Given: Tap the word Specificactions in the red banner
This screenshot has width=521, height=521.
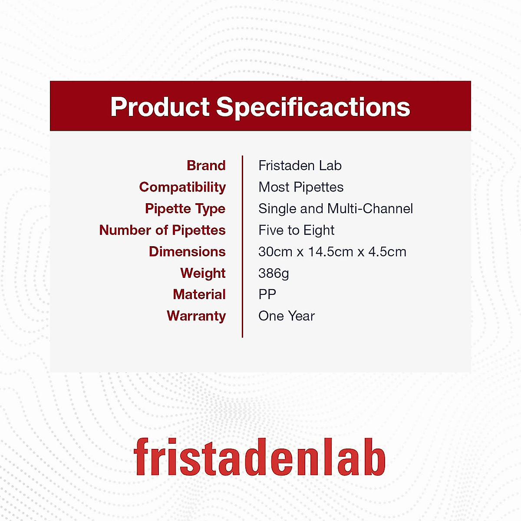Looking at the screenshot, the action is (x=313, y=108).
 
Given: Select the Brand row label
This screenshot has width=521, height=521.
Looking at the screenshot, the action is (x=206, y=165).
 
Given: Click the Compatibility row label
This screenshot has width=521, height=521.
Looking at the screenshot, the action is (x=182, y=188).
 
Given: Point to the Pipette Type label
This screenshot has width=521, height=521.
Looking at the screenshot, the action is (x=185, y=209).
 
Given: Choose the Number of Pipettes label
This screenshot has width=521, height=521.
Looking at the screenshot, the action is (x=162, y=230).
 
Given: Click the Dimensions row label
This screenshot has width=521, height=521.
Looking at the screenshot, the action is (x=188, y=252).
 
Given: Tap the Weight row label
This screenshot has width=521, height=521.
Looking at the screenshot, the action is (x=203, y=274).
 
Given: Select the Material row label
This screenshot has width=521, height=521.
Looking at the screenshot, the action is (x=199, y=294).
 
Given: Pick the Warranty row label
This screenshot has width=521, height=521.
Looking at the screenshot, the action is (x=196, y=317).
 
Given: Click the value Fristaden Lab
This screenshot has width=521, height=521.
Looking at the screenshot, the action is (x=300, y=165).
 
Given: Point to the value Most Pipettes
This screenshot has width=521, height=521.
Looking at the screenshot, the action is (x=301, y=187).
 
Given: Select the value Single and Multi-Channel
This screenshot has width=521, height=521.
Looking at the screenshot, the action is (x=336, y=209).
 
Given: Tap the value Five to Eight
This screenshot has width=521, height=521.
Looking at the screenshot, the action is (x=297, y=231).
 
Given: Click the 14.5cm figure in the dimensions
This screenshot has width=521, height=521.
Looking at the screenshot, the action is (x=331, y=252).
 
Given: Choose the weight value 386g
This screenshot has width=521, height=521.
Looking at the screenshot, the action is (x=274, y=274).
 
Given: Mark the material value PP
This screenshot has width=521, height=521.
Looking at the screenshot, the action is (x=267, y=294).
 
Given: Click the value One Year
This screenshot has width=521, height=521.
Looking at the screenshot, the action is (x=287, y=316).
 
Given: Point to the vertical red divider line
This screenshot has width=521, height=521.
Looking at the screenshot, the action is (x=243, y=247).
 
